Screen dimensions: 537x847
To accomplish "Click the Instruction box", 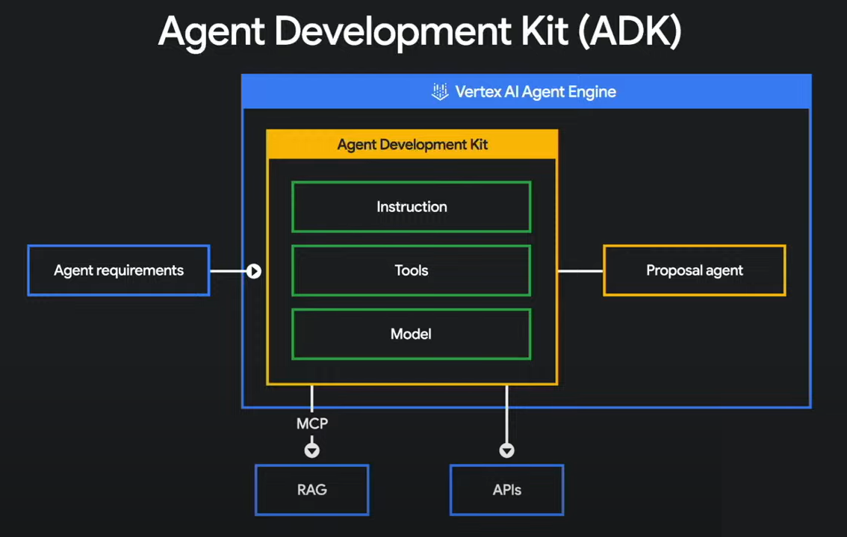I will pos(411,207).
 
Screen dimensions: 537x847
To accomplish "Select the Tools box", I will pos(411,270).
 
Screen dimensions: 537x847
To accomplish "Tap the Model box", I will pos(411,334).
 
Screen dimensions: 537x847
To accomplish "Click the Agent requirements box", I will pos(119,270).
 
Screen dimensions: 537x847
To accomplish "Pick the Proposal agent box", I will pos(694,270).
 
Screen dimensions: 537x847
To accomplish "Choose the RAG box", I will pos(311,490).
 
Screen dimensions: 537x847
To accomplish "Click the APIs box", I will pos(506,490).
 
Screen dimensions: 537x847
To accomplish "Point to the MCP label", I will pos(311,423).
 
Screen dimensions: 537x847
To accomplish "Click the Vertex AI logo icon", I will pos(440,93).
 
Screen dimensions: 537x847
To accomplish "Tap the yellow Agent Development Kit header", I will pos(412,144).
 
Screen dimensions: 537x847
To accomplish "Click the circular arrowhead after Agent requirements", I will pos(254,271).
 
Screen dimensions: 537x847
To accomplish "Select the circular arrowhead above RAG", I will pos(311,450).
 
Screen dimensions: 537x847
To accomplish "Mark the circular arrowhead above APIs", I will pos(506,450).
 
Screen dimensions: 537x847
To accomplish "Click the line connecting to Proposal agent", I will pos(580,270).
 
